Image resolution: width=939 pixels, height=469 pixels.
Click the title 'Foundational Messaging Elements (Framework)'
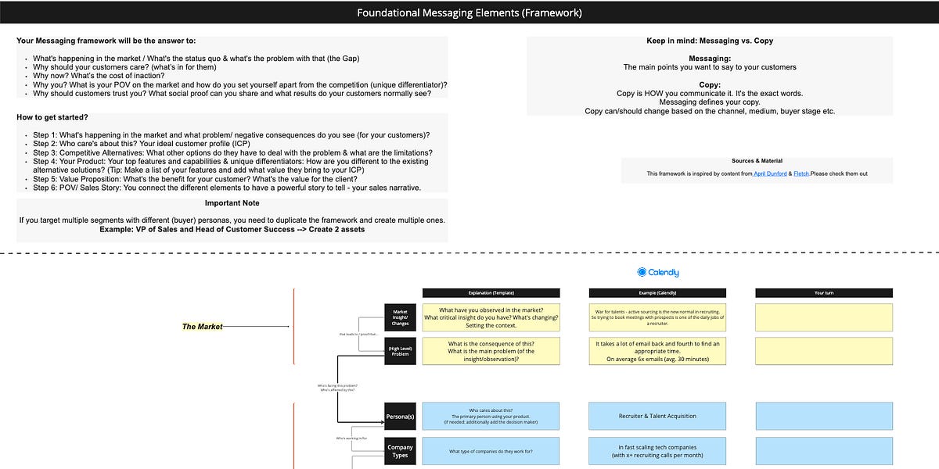point(469,13)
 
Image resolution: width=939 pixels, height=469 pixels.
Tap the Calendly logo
point(658,272)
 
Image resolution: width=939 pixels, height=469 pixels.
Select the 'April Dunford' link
point(770,174)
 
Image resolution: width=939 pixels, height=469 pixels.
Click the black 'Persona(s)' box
point(400,417)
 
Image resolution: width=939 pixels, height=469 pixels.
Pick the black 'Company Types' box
point(400,451)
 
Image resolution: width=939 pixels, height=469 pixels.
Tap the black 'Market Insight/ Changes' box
point(400,317)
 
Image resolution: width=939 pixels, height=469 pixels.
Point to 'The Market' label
point(202,327)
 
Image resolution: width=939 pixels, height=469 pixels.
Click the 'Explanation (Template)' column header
point(491,292)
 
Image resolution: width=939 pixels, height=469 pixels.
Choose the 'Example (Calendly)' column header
point(657,292)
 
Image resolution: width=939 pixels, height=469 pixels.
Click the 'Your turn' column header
point(823,292)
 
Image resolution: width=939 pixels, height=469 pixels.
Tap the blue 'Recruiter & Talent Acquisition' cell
point(657,416)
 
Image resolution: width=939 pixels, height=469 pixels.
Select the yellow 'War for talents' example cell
point(657,317)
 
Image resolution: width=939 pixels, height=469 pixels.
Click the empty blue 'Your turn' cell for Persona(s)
point(823,416)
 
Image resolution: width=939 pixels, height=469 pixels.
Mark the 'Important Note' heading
point(232,203)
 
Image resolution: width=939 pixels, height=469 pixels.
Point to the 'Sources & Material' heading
point(757,161)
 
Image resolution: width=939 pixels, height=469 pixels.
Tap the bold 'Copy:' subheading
point(710,84)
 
